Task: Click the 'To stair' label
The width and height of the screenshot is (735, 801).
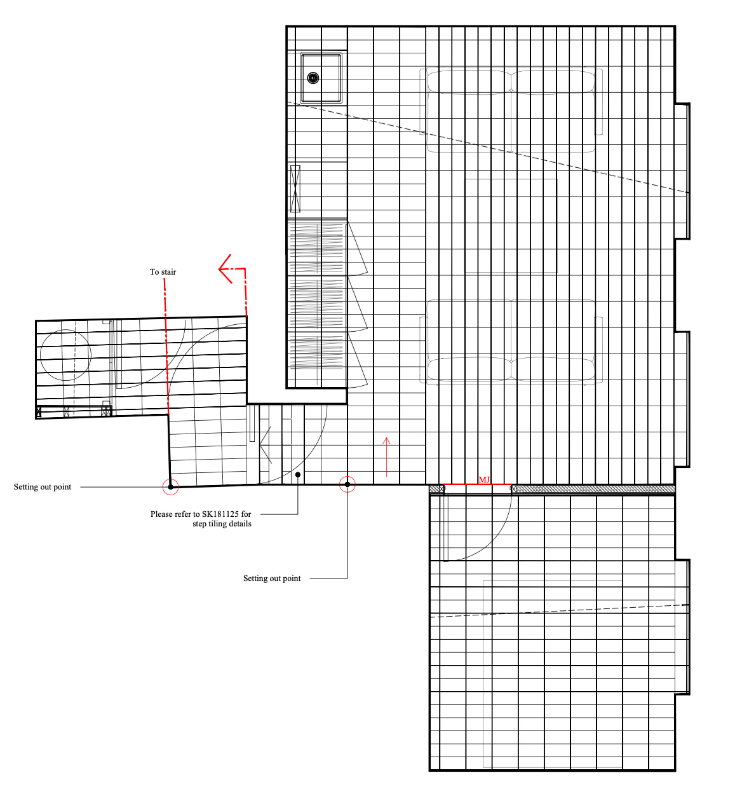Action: pos(163,272)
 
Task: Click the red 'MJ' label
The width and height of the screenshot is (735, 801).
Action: pos(484,479)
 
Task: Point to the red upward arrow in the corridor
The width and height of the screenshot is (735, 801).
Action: pos(386,457)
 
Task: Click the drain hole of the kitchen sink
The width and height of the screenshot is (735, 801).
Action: pos(313,78)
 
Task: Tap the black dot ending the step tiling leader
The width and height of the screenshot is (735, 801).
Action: pos(298,475)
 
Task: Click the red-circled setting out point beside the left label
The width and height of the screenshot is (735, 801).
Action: pos(171,487)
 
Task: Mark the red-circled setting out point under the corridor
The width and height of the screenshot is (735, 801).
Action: pos(347,484)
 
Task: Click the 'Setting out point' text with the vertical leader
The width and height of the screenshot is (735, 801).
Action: pos(272,578)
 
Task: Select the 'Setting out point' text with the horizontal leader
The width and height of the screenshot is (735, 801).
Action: pos(43,487)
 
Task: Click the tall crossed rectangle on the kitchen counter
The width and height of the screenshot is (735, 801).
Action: pos(295,188)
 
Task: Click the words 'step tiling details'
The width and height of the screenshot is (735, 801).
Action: pos(222,524)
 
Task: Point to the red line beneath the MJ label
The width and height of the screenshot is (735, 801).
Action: pos(478,484)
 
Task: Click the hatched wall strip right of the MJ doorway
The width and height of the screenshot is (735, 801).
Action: pos(593,489)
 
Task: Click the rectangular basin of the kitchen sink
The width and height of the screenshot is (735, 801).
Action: pos(321,78)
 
